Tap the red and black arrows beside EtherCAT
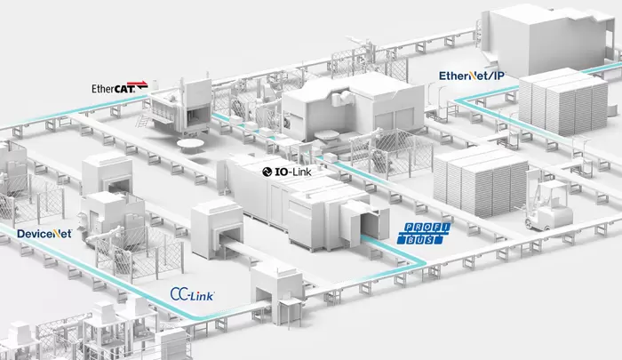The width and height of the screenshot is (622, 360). (x=142, y=88)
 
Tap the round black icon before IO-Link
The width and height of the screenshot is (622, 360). (x=268, y=168)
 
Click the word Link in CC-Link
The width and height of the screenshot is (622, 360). (x=203, y=295)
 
